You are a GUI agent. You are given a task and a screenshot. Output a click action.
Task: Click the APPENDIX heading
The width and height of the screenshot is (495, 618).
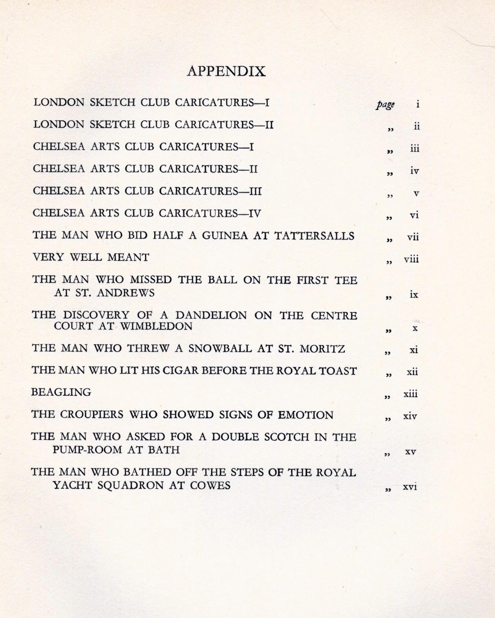coord(226,71)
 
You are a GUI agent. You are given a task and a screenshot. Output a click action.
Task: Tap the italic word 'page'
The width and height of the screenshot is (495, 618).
coord(385,104)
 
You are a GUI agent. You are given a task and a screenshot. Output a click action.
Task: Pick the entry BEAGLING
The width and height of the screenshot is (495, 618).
coord(61,392)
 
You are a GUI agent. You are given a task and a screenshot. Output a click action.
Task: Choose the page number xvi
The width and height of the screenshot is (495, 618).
coord(410,487)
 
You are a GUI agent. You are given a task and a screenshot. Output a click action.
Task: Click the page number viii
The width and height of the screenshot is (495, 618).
coord(411,259)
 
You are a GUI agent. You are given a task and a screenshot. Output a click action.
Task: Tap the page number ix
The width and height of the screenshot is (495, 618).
coord(414,295)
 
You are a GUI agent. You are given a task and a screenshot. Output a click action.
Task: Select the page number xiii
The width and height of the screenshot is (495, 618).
coord(411,394)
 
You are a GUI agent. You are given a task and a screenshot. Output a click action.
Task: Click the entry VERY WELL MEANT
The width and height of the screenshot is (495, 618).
coord(91,257)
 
